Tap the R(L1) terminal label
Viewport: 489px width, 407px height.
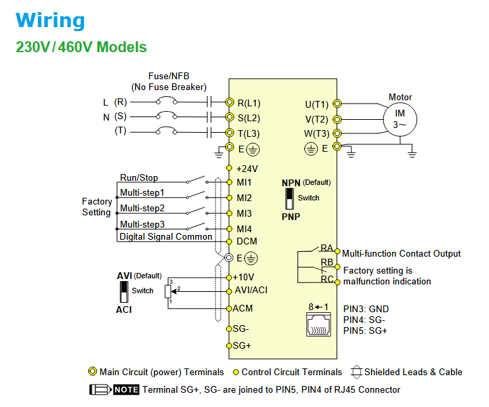(x=249, y=104)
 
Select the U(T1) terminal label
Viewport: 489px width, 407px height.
(x=316, y=104)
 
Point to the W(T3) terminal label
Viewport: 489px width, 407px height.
(x=316, y=133)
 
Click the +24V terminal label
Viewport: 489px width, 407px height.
(x=247, y=168)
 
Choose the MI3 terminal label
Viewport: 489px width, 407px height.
(x=244, y=213)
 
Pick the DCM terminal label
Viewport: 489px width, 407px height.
(x=247, y=242)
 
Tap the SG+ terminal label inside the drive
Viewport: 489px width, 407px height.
(x=243, y=345)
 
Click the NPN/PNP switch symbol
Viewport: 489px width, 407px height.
(x=290, y=198)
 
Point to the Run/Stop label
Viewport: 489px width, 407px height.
(x=139, y=178)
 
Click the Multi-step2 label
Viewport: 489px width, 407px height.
(x=142, y=209)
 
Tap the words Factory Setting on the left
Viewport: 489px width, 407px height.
(x=97, y=207)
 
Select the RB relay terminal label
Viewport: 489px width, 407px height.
(x=327, y=263)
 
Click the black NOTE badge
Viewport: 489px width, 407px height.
(x=126, y=390)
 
